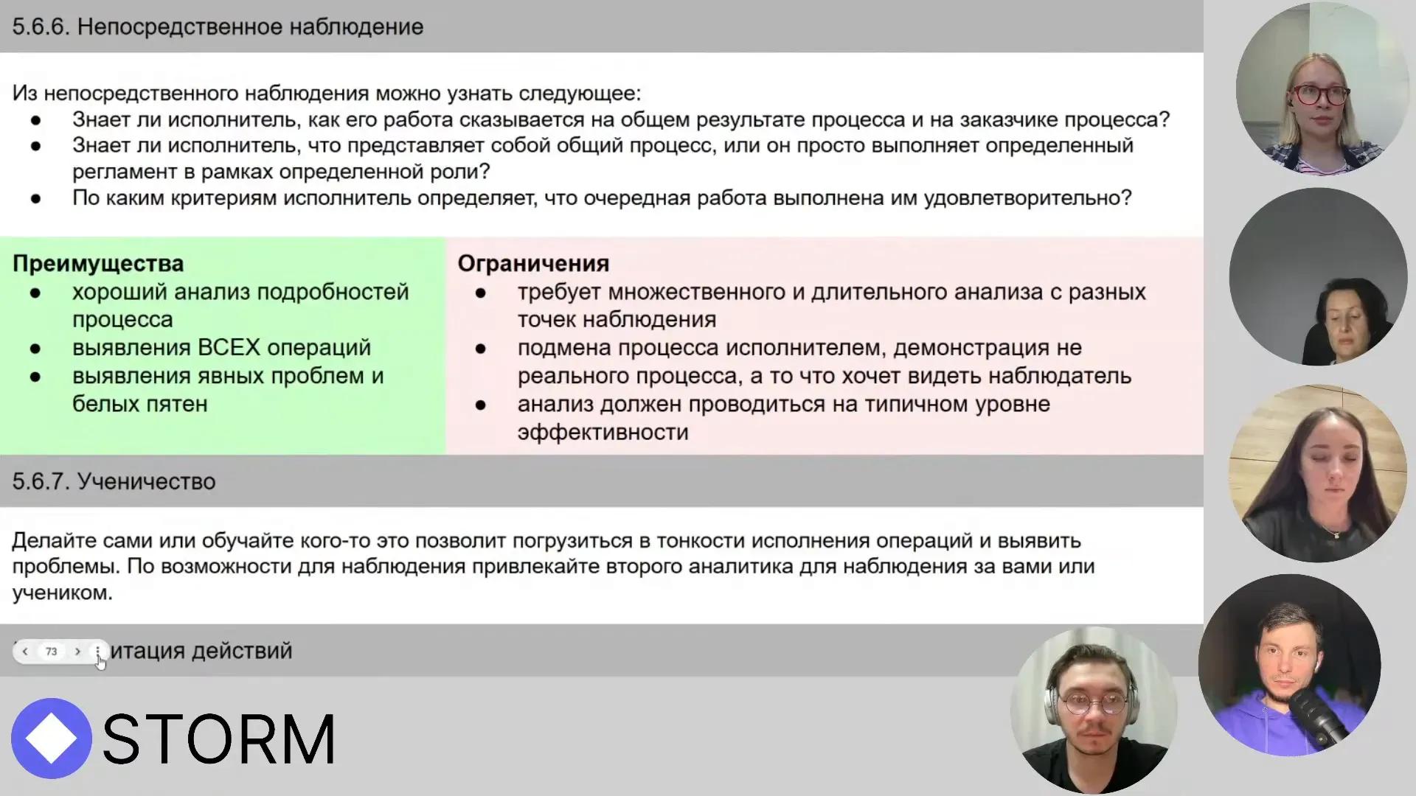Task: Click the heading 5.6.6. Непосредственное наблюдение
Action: tap(218, 27)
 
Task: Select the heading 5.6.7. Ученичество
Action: tap(114, 481)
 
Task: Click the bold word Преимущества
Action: tap(98, 263)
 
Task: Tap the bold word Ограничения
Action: tap(533, 263)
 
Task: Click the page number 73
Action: tap(51, 652)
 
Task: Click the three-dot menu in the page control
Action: tap(97, 652)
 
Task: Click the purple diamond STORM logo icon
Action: tap(51, 738)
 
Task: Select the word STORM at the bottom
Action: tap(219, 739)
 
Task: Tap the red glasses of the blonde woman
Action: tap(1320, 95)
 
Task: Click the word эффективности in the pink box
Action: tap(603, 432)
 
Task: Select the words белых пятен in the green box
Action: tap(139, 404)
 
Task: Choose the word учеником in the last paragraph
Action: tap(61, 593)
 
